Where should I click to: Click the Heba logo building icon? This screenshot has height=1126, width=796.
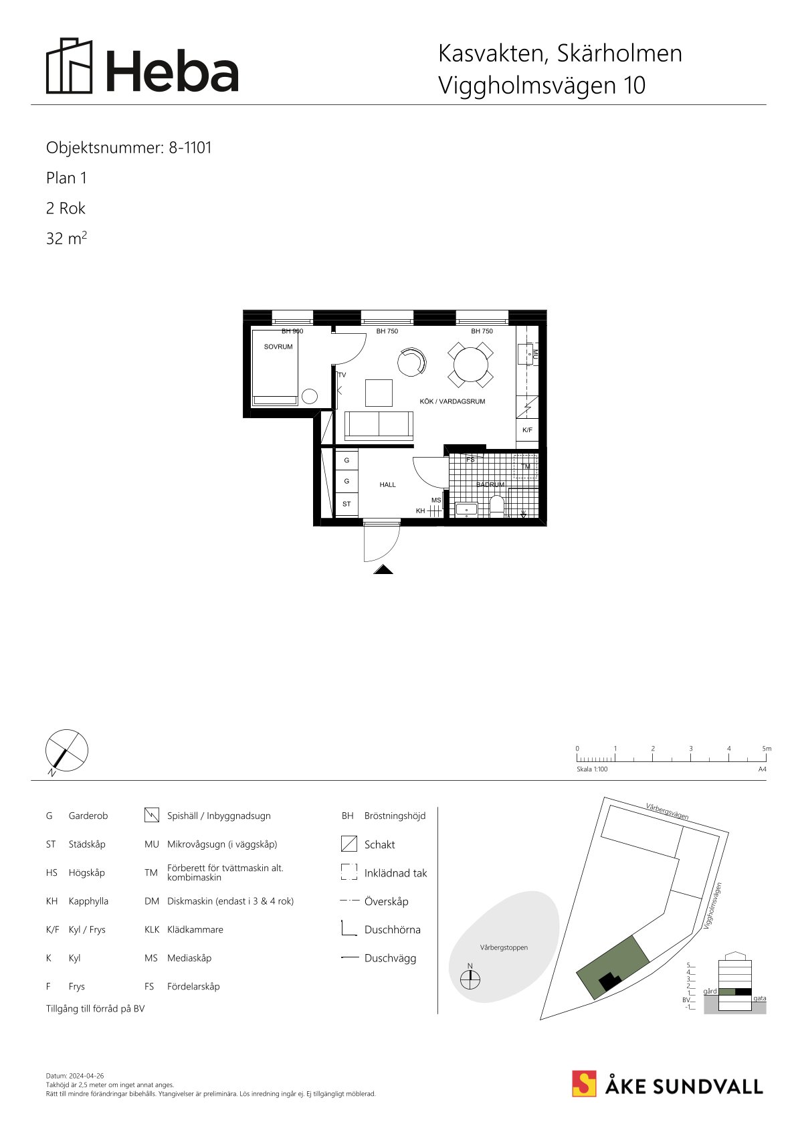70,66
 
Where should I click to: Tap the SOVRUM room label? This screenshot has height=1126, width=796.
278,347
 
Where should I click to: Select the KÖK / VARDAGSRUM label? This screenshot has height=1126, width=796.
452,401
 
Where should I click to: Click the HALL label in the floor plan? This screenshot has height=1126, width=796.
387,484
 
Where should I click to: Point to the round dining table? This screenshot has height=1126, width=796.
470,365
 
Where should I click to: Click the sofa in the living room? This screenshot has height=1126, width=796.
379,426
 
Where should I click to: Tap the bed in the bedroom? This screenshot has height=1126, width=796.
274,367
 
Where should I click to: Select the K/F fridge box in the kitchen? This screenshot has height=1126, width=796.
527,430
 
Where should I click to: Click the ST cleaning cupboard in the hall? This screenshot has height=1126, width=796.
346,504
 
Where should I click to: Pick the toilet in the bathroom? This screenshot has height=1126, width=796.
496,506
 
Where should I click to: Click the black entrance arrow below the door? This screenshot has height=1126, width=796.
383,569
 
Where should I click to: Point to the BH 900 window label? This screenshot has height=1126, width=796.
292,331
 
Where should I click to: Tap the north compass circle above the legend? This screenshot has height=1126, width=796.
67,750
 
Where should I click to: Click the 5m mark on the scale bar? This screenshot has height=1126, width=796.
767,749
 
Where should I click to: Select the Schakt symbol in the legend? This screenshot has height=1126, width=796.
349,844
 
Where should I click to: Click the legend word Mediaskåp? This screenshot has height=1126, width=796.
189,958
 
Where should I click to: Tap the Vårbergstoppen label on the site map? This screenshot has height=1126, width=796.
504,947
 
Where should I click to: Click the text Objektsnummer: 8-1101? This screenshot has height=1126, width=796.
128,148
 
